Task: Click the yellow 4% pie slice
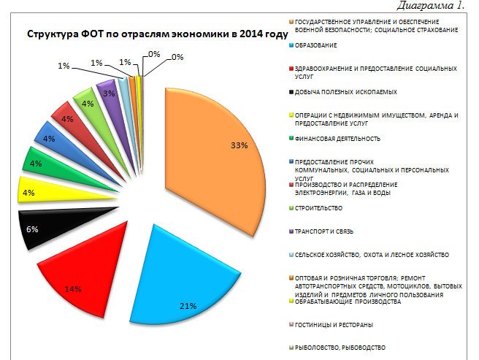click(x=37, y=193)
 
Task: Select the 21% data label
click(x=188, y=305)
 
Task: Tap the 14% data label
click(x=72, y=289)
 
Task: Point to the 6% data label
click(x=33, y=229)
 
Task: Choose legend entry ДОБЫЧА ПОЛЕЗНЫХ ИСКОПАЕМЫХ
click(x=345, y=92)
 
